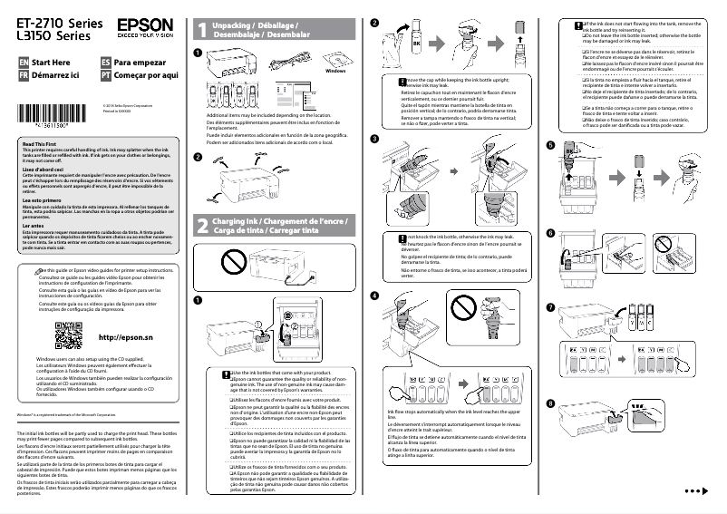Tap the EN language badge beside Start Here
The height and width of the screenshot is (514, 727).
pos(24,62)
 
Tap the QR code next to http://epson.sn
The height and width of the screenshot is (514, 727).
pos(69,338)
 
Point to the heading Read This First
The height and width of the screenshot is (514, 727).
pos(38,145)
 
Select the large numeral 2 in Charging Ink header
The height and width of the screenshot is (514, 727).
pos(201,227)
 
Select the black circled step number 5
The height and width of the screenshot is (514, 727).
pos(550,146)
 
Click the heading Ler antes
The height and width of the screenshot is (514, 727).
pos(33,226)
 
